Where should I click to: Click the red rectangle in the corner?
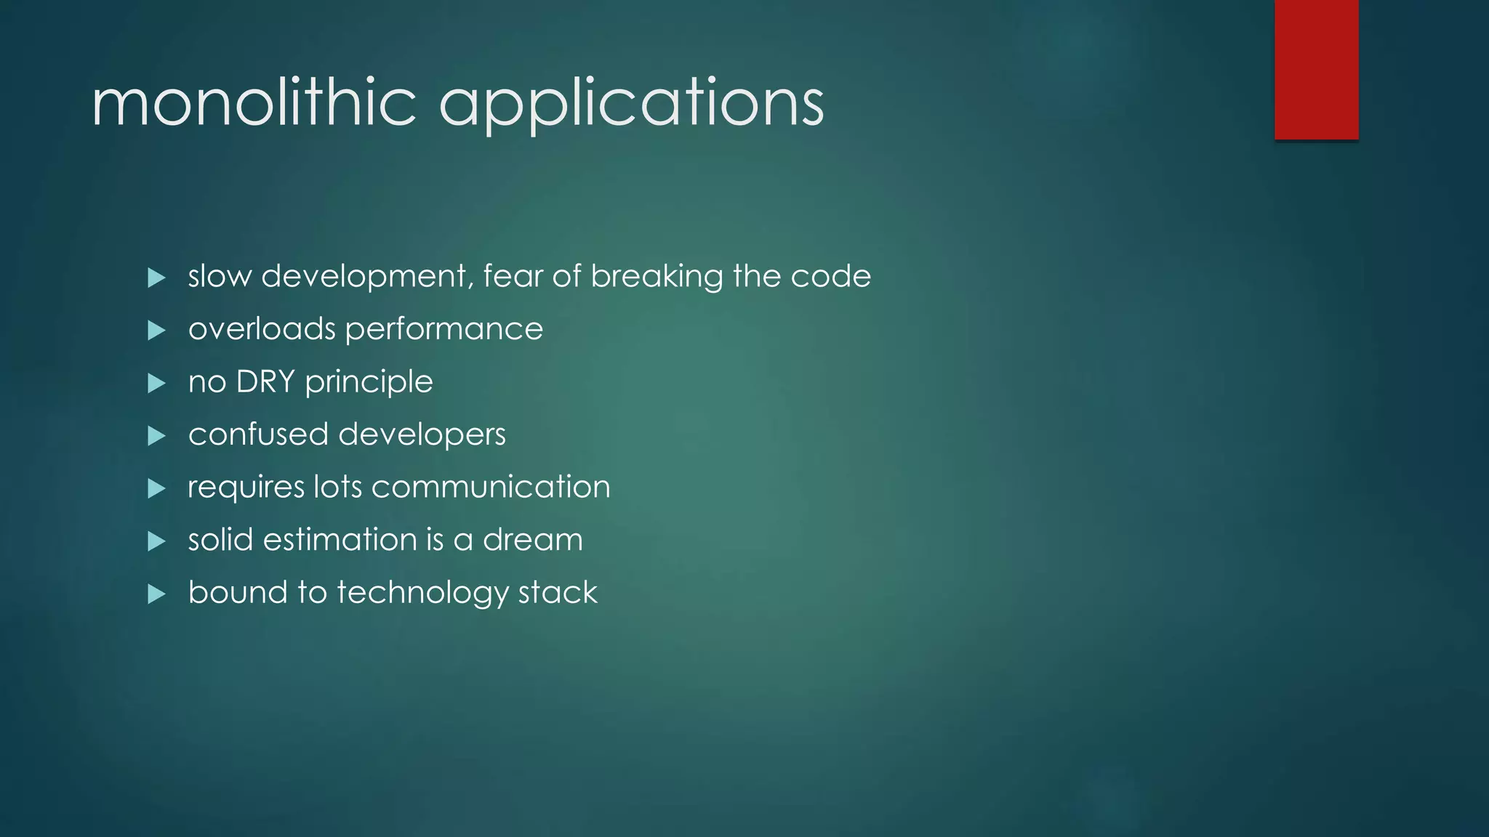(1316, 70)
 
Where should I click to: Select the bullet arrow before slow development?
(156, 278)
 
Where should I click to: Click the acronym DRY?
(265, 382)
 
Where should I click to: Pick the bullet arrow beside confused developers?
(156, 436)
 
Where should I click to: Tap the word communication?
(491, 487)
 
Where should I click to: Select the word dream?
(532, 540)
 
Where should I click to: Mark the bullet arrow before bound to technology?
(156, 594)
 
